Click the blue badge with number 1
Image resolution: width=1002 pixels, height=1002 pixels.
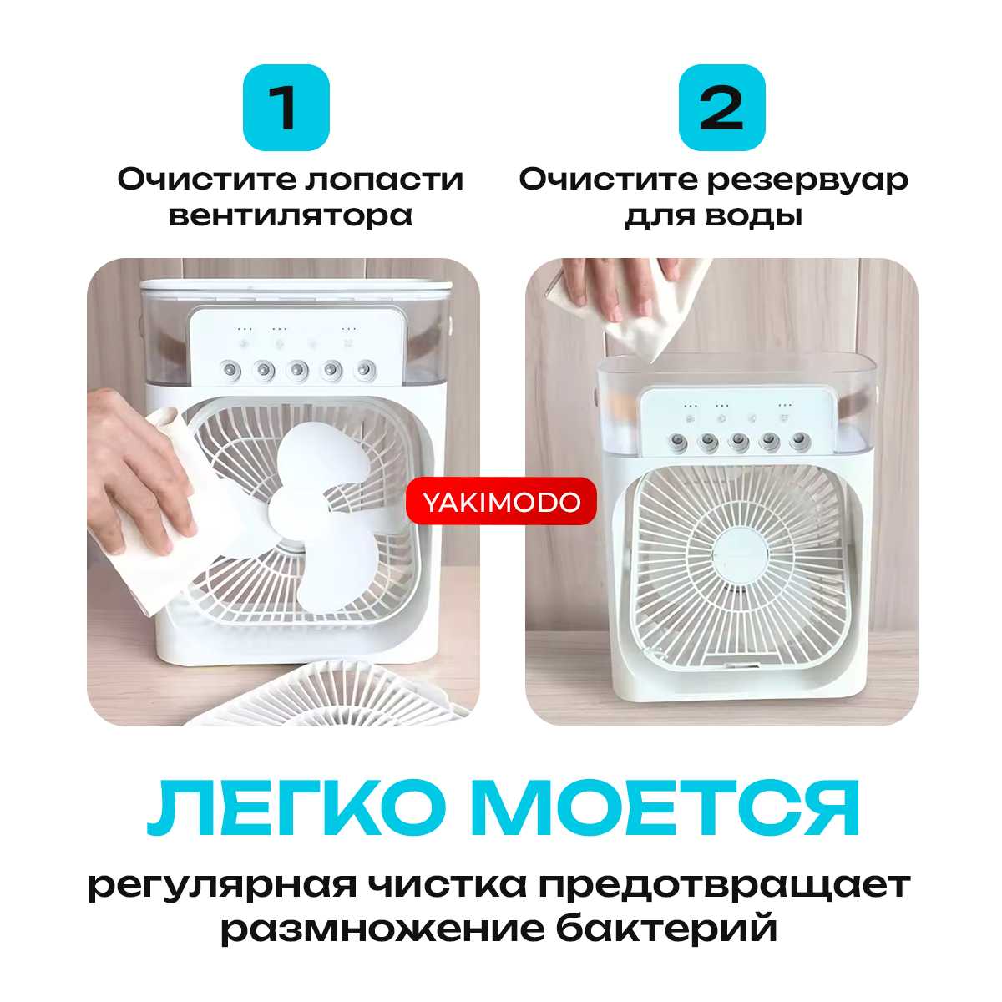point(286,108)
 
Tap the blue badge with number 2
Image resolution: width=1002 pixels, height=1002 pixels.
point(721,108)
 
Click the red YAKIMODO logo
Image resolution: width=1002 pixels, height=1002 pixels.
point(501,502)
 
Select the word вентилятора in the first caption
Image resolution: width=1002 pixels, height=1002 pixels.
point(290,215)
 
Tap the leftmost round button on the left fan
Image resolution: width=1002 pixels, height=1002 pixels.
point(231,371)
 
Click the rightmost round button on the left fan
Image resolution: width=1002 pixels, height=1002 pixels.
point(365,371)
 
